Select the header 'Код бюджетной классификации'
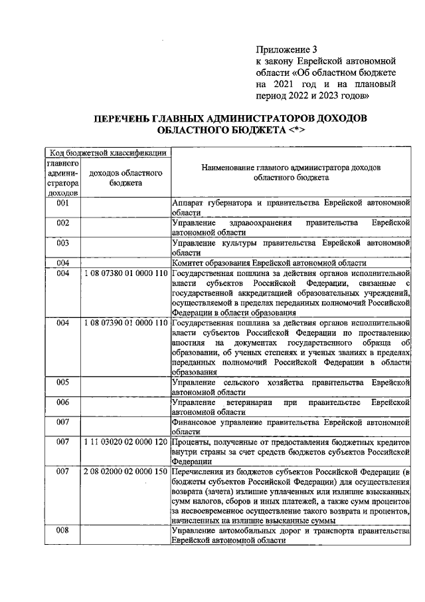point(105,152)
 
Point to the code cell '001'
point(63,202)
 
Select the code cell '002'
point(63,223)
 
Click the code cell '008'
point(63,530)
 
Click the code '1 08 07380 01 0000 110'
point(126,273)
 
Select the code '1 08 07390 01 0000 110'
point(126,323)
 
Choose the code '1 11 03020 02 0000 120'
point(126,442)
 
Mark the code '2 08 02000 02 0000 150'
point(126,472)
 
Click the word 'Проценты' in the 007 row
point(191,442)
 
